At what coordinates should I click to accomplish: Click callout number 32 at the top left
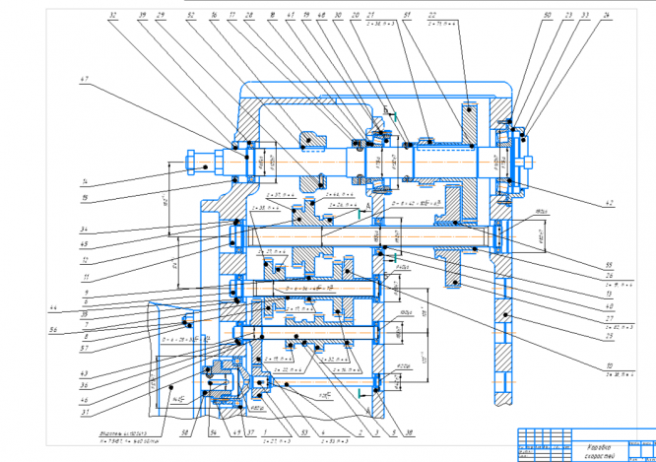pyautogui.click(x=114, y=17)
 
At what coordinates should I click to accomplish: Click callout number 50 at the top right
pyautogui.click(x=548, y=17)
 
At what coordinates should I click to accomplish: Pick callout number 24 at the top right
pyautogui.click(x=607, y=17)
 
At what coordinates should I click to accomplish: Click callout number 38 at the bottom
pyautogui.click(x=409, y=430)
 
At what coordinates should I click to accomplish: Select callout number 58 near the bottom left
pyautogui.click(x=184, y=430)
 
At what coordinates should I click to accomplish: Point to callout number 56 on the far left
pyautogui.click(x=55, y=330)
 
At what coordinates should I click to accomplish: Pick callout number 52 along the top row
pyautogui.click(x=188, y=17)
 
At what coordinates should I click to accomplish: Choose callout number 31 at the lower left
pyautogui.click(x=86, y=413)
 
